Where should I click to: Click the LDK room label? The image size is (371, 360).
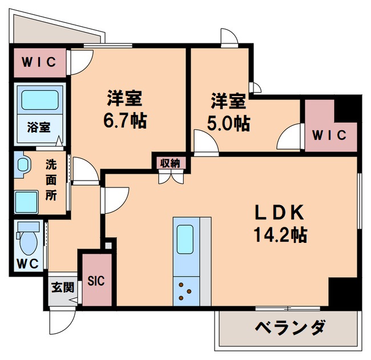tap(281, 213)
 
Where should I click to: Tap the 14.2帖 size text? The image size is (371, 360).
tap(281, 234)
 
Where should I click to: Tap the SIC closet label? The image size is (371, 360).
tap(95, 281)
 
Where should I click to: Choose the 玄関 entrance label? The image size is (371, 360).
tap(63, 287)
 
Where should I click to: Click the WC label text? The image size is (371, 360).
tap(27, 264)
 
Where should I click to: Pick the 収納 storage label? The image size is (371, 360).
tap(170, 163)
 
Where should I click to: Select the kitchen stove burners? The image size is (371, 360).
tap(185, 290)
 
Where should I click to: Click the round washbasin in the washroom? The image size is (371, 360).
tap(23, 165)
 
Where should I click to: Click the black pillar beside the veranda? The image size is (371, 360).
tap(344, 293)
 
